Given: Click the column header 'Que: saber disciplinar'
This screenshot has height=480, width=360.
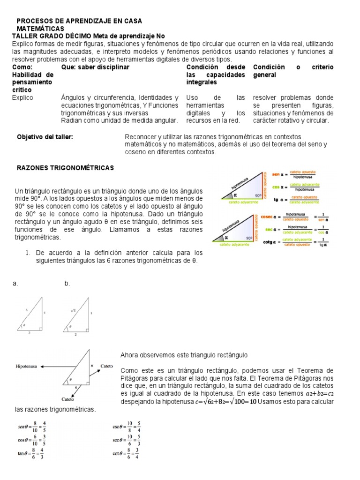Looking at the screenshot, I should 95,67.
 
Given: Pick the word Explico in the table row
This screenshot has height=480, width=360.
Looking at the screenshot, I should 23,98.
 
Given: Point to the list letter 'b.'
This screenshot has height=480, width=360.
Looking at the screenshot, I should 67,284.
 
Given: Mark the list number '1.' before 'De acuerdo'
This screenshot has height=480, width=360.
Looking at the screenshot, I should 28,253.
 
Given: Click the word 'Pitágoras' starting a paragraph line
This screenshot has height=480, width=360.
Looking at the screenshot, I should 136,377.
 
